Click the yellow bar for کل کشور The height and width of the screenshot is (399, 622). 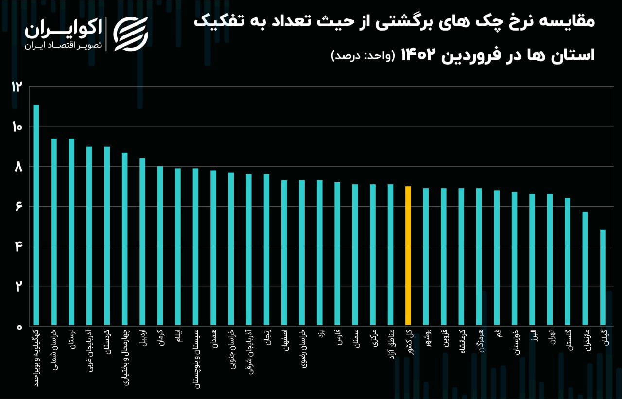408,256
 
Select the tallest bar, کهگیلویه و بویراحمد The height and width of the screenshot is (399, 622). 36,215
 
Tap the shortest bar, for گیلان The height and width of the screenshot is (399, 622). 603,278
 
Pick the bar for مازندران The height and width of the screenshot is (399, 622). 585,269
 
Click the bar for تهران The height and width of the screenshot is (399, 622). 550,260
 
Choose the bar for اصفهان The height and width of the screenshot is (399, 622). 284,253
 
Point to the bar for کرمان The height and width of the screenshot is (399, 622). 160,246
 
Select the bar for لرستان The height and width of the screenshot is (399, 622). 71,232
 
